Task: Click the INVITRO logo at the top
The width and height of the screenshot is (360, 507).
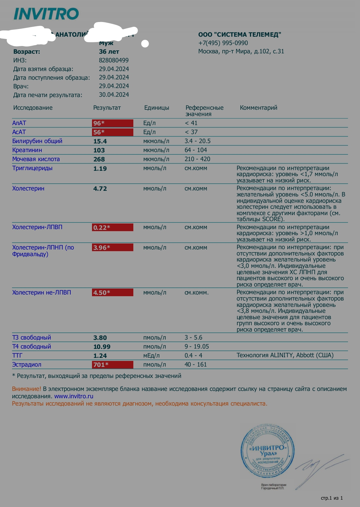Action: pos(46,14)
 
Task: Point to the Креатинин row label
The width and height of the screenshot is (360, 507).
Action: pos(27,150)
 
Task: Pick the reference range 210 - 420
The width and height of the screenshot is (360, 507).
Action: pos(197,159)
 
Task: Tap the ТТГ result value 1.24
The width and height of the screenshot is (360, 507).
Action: pos(100,356)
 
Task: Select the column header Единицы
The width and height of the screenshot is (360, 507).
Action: pos(156,108)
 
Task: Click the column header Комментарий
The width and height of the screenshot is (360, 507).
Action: pos(258,108)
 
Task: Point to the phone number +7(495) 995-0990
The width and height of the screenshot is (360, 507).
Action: pos(223,43)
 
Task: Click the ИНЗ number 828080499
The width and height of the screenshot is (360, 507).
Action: pos(114,60)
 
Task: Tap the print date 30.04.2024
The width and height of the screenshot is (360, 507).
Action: pos(114,95)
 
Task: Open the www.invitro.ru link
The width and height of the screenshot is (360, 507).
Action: pos(74,396)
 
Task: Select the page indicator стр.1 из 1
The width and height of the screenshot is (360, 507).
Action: pos(332,498)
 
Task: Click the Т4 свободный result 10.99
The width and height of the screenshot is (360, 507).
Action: pos(102,347)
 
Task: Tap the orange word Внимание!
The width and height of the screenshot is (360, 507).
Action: pos(26,389)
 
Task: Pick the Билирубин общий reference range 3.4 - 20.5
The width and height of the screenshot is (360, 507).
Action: pos(197,141)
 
